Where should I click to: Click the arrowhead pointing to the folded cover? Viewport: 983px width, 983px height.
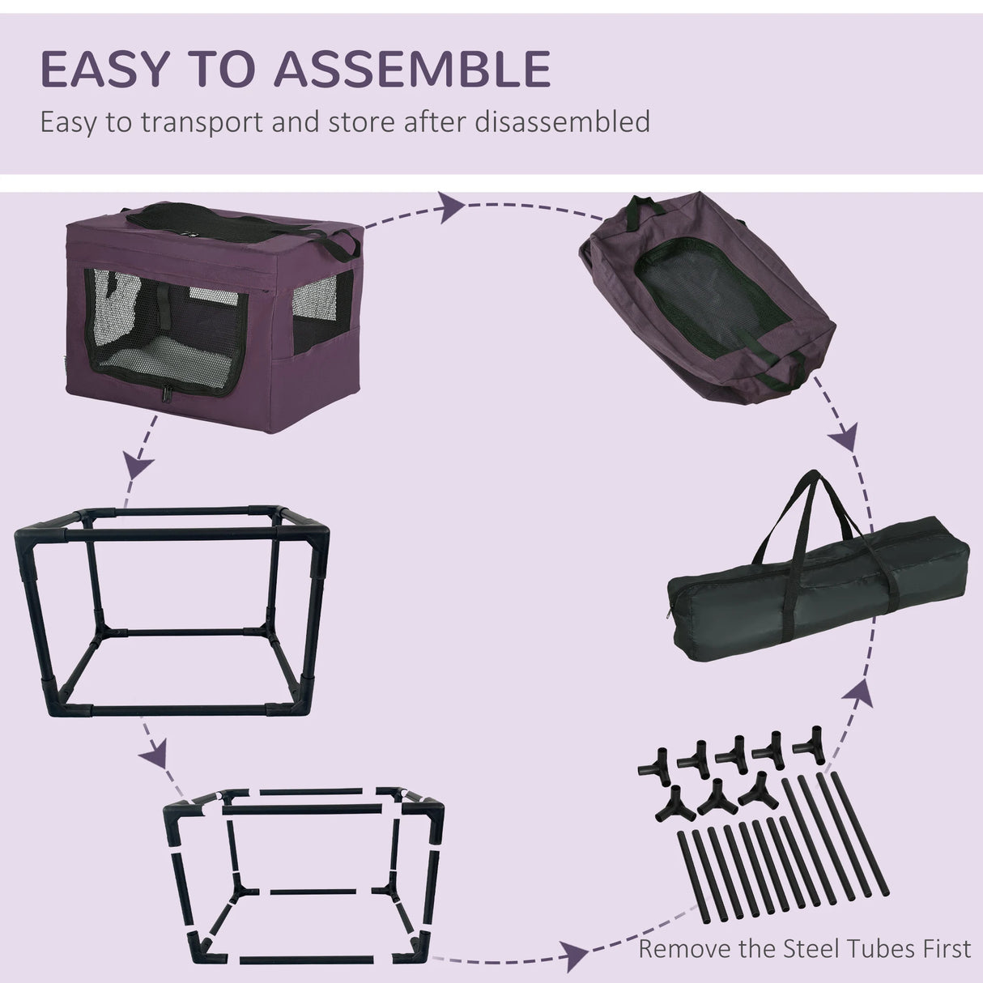[451, 207]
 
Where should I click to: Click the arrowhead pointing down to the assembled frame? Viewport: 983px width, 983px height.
[140, 468]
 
